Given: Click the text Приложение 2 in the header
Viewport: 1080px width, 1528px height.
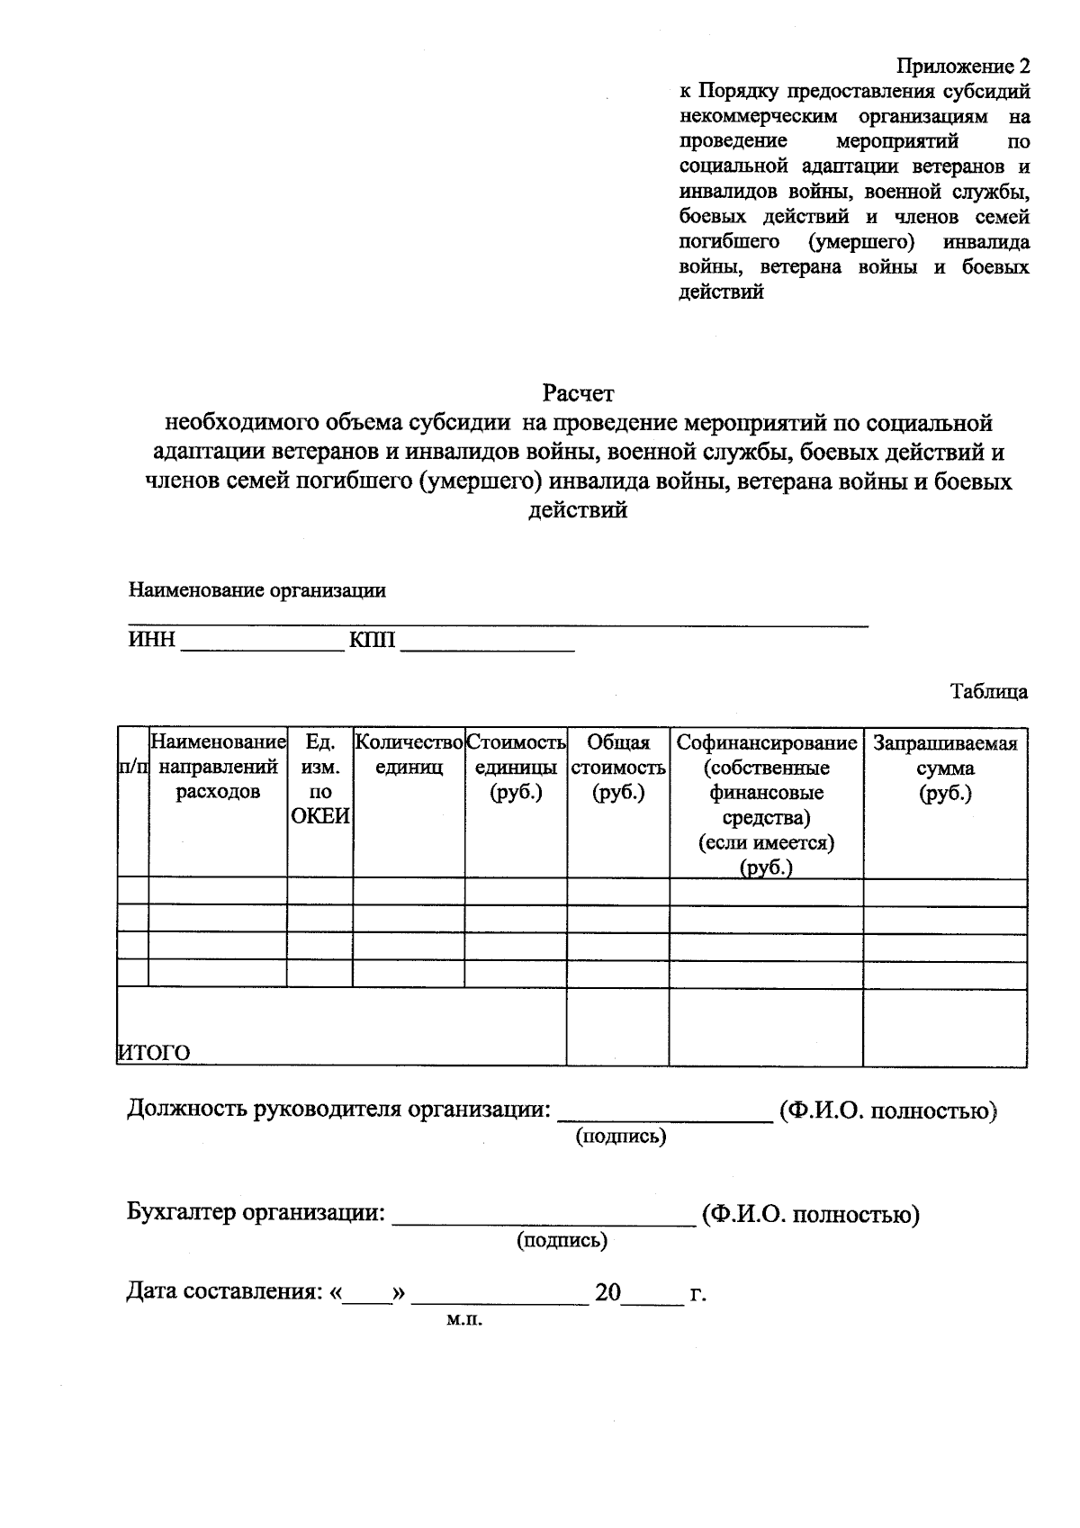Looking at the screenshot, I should [x=962, y=67].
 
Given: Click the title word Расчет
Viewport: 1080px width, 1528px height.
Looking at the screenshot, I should [x=578, y=393].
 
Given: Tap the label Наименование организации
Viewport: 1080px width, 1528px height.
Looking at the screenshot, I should [x=256, y=590].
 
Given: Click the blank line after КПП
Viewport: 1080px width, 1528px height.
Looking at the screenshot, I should [x=486, y=644].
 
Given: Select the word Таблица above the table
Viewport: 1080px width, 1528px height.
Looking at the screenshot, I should [x=989, y=691].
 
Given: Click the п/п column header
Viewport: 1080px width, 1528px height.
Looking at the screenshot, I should [x=133, y=768].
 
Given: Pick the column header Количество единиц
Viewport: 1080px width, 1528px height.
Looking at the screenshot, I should [x=409, y=755].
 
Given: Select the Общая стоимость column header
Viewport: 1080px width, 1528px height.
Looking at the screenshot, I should [x=617, y=768].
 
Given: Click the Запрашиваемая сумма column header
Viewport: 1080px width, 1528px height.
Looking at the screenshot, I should [x=945, y=768].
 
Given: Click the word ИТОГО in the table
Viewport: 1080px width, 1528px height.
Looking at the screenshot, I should [x=155, y=1052].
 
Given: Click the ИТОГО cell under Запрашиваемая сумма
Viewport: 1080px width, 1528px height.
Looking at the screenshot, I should [x=945, y=1027].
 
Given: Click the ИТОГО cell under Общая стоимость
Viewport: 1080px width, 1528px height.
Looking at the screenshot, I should [x=617, y=1027].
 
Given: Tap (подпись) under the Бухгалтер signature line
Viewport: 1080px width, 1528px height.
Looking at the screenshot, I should [x=562, y=1240].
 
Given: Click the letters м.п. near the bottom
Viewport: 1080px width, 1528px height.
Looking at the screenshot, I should [x=464, y=1320].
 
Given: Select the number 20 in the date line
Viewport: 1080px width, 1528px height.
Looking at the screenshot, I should [x=607, y=1292].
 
